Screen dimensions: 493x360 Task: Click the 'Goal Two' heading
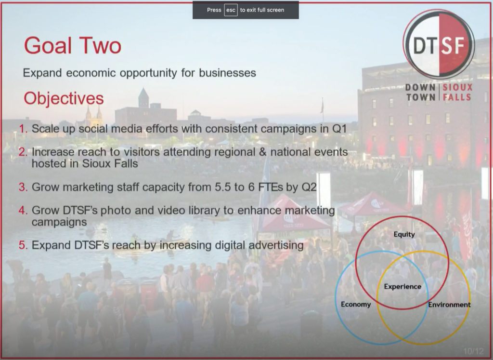tap(73, 46)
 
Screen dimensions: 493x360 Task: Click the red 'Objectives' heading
tap(64, 98)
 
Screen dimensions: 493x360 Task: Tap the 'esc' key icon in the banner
tap(231, 10)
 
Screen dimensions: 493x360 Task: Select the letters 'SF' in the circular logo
tap(453, 45)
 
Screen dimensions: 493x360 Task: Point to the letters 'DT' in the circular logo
tap(424, 45)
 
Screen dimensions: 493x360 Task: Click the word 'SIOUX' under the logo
tap(457, 87)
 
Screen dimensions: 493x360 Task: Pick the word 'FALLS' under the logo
tap(457, 97)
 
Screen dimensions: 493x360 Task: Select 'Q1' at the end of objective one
tap(339, 129)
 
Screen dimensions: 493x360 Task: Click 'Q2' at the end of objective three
tap(309, 187)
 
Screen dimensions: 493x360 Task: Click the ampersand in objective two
tap(262, 152)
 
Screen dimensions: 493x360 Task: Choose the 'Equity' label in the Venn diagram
tap(404, 234)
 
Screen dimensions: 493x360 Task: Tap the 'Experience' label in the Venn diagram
tap(402, 286)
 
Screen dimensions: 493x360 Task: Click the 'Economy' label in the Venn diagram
tap(356, 304)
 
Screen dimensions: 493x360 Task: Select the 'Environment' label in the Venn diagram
tap(449, 305)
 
